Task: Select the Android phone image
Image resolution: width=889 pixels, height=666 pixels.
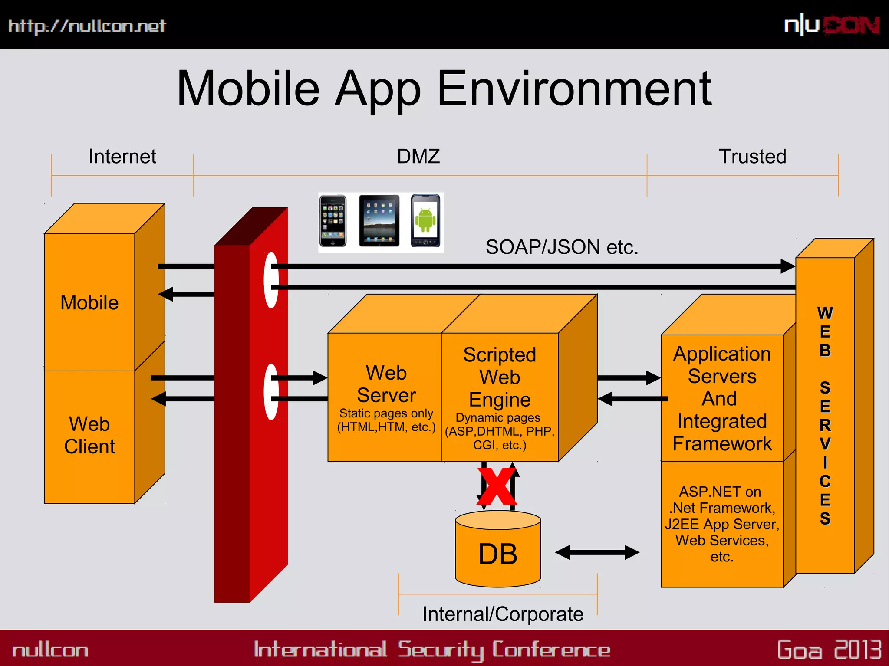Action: (x=425, y=220)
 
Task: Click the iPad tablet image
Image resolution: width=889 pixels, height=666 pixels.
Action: (x=379, y=221)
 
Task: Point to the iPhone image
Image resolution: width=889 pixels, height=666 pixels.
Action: (x=333, y=221)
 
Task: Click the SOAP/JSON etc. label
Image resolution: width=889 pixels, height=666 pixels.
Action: (x=562, y=247)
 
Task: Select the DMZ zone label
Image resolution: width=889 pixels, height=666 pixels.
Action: (x=418, y=157)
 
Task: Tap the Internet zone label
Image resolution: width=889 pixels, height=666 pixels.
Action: (x=122, y=157)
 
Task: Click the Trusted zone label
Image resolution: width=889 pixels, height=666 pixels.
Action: (x=752, y=157)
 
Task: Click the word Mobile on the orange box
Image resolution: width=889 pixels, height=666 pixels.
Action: (x=89, y=303)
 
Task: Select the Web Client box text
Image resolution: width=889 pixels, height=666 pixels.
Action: (x=89, y=435)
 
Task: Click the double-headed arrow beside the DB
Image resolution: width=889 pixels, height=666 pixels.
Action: (x=597, y=552)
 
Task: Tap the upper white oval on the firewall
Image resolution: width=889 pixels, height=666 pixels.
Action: (x=271, y=280)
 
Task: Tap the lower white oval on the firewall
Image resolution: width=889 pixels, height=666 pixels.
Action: (x=271, y=392)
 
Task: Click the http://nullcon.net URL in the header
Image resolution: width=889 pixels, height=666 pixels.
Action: (x=87, y=26)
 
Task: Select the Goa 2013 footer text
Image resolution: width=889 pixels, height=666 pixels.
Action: (x=829, y=650)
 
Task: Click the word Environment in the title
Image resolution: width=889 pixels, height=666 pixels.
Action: (x=574, y=89)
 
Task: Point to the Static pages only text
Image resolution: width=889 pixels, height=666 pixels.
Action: (x=386, y=413)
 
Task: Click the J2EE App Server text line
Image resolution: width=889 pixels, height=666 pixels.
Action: (x=722, y=524)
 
